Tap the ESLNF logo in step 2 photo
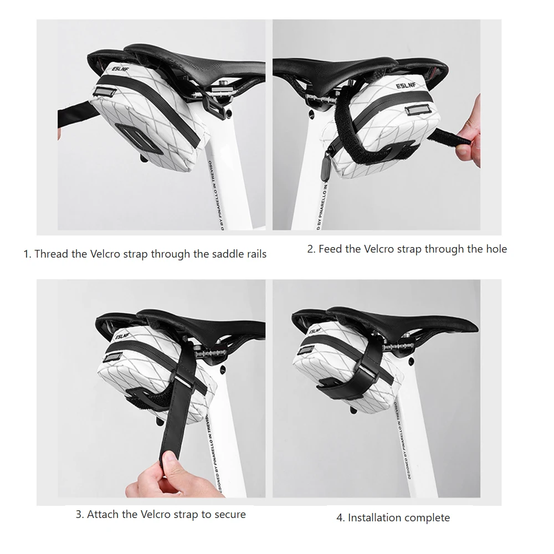[x=406, y=86]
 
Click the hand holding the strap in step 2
[x=469, y=134]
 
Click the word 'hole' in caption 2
[x=496, y=249]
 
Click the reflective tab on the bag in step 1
[x=105, y=92]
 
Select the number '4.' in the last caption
[x=340, y=518]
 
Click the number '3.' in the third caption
[x=80, y=515]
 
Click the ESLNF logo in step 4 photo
[x=315, y=331]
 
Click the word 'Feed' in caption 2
[x=330, y=249]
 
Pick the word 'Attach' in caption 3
[x=103, y=515]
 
